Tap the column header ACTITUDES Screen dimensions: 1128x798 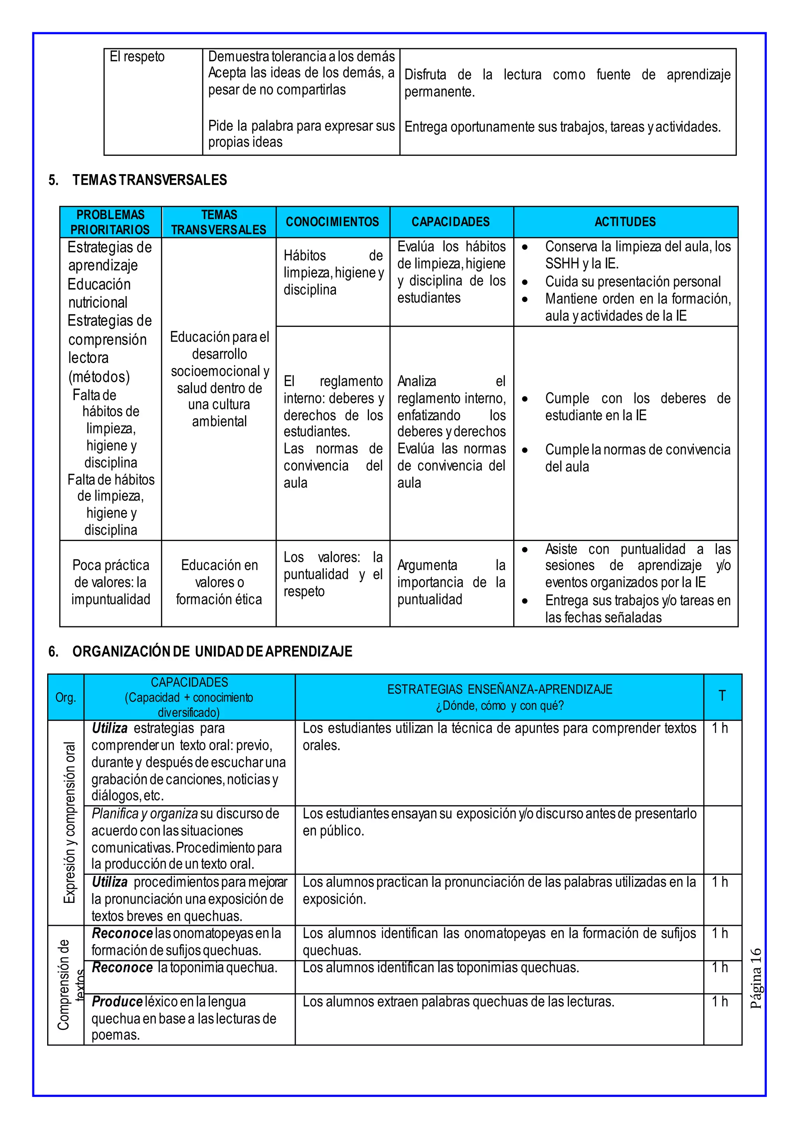[625, 222]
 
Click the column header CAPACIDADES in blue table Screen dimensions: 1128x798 [450, 222]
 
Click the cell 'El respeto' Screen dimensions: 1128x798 [137, 57]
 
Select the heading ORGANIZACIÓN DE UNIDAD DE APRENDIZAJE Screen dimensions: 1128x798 [212, 652]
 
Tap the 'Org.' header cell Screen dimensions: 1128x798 [65, 697]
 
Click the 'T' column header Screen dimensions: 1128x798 [722, 696]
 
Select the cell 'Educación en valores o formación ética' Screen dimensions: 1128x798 [219, 582]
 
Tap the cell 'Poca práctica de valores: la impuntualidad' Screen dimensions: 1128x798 [111, 582]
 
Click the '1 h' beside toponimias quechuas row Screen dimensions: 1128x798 [720, 968]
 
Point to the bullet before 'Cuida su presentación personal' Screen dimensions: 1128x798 [525, 282]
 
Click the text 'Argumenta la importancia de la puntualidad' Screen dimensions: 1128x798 [450, 582]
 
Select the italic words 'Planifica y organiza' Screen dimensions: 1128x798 [145, 814]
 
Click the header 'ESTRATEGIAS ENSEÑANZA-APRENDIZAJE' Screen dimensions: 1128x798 [500, 689]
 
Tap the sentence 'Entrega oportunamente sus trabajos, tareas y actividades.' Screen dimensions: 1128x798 [562, 127]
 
